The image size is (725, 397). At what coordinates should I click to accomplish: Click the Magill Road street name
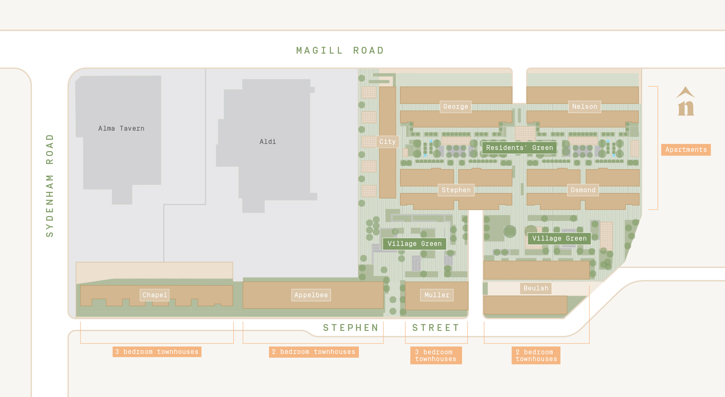(x=340, y=51)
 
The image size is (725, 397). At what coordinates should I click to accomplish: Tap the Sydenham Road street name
(x=49, y=185)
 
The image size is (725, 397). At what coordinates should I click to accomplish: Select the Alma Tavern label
(x=121, y=128)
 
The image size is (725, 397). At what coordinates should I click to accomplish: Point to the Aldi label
(x=267, y=142)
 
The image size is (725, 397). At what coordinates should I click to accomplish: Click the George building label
(x=456, y=107)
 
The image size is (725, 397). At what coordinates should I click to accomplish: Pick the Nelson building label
(x=584, y=107)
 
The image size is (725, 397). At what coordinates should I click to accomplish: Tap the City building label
(x=387, y=142)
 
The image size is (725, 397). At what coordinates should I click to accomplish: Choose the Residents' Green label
(x=519, y=148)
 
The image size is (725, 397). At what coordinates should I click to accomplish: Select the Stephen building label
(x=456, y=190)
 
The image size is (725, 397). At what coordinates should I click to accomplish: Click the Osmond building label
(x=583, y=190)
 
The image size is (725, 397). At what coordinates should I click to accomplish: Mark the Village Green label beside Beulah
(x=559, y=238)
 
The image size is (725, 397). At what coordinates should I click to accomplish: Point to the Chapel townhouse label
(x=155, y=295)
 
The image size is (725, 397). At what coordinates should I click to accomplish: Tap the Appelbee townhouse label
(x=311, y=295)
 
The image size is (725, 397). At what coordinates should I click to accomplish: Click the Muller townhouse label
(x=437, y=295)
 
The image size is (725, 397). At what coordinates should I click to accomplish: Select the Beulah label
(x=536, y=288)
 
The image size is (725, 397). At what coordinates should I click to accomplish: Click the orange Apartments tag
(x=686, y=150)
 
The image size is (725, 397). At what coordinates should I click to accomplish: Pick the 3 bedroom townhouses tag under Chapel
(x=157, y=352)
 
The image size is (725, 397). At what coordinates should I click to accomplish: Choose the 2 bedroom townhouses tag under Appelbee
(x=314, y=352)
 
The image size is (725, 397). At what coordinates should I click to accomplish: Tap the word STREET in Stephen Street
(x=436, y=328)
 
